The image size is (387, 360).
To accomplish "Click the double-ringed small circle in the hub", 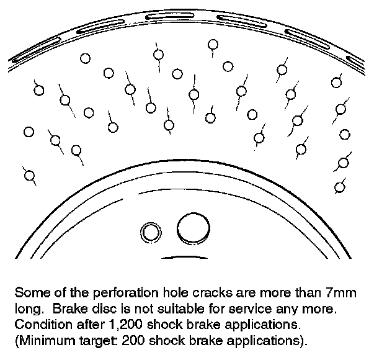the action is (x=149, y=233).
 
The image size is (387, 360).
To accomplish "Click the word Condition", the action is (x=40, y=325).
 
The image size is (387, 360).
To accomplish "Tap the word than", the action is (x=304, y=292).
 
